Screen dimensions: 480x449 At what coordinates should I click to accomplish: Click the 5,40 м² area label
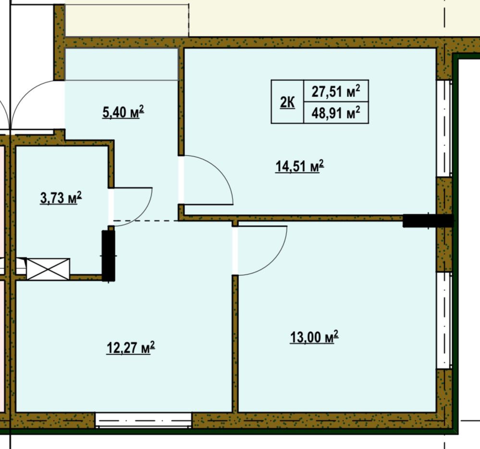pyautogui.click(x=123, y=112)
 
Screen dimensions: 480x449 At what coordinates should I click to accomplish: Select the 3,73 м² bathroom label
pyautogui.click(x=61, y=198)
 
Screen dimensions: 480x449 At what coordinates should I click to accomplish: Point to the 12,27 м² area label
pyautogui.click(x=131, y=348)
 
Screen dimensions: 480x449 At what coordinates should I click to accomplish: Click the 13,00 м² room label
pyautogui.click(x=314, y=337)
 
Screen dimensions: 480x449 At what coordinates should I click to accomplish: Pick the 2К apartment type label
pyautogui.click(x=287, y=103)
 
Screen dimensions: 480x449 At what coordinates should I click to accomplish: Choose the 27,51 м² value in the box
pyautogui.click(x=336, y=91)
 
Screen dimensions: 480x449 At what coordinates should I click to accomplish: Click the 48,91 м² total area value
pyautogui.click(x=336, y=113)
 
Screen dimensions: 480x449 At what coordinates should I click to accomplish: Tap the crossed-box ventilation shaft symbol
pyautogui.click(x=49, y=269)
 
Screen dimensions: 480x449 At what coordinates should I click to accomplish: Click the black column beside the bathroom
pyautogui.click(x=109, y=256)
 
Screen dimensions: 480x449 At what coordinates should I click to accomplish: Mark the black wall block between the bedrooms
pyautogui.click(x=428, y=220)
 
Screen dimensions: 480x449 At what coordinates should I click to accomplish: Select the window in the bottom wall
pyautogui.click(x=143, y=420)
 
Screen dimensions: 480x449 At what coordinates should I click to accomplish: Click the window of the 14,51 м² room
pyautogui.click(x=444, y=128)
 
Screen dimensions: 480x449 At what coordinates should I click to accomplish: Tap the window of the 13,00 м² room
pyautogui.click(x=444, y=320)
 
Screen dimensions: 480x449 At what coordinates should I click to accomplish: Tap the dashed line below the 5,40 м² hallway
pyautogui.click(x=146, y=220)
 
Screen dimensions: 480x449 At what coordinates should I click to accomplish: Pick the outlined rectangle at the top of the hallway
pyautogui.click(x=122, y=64)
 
